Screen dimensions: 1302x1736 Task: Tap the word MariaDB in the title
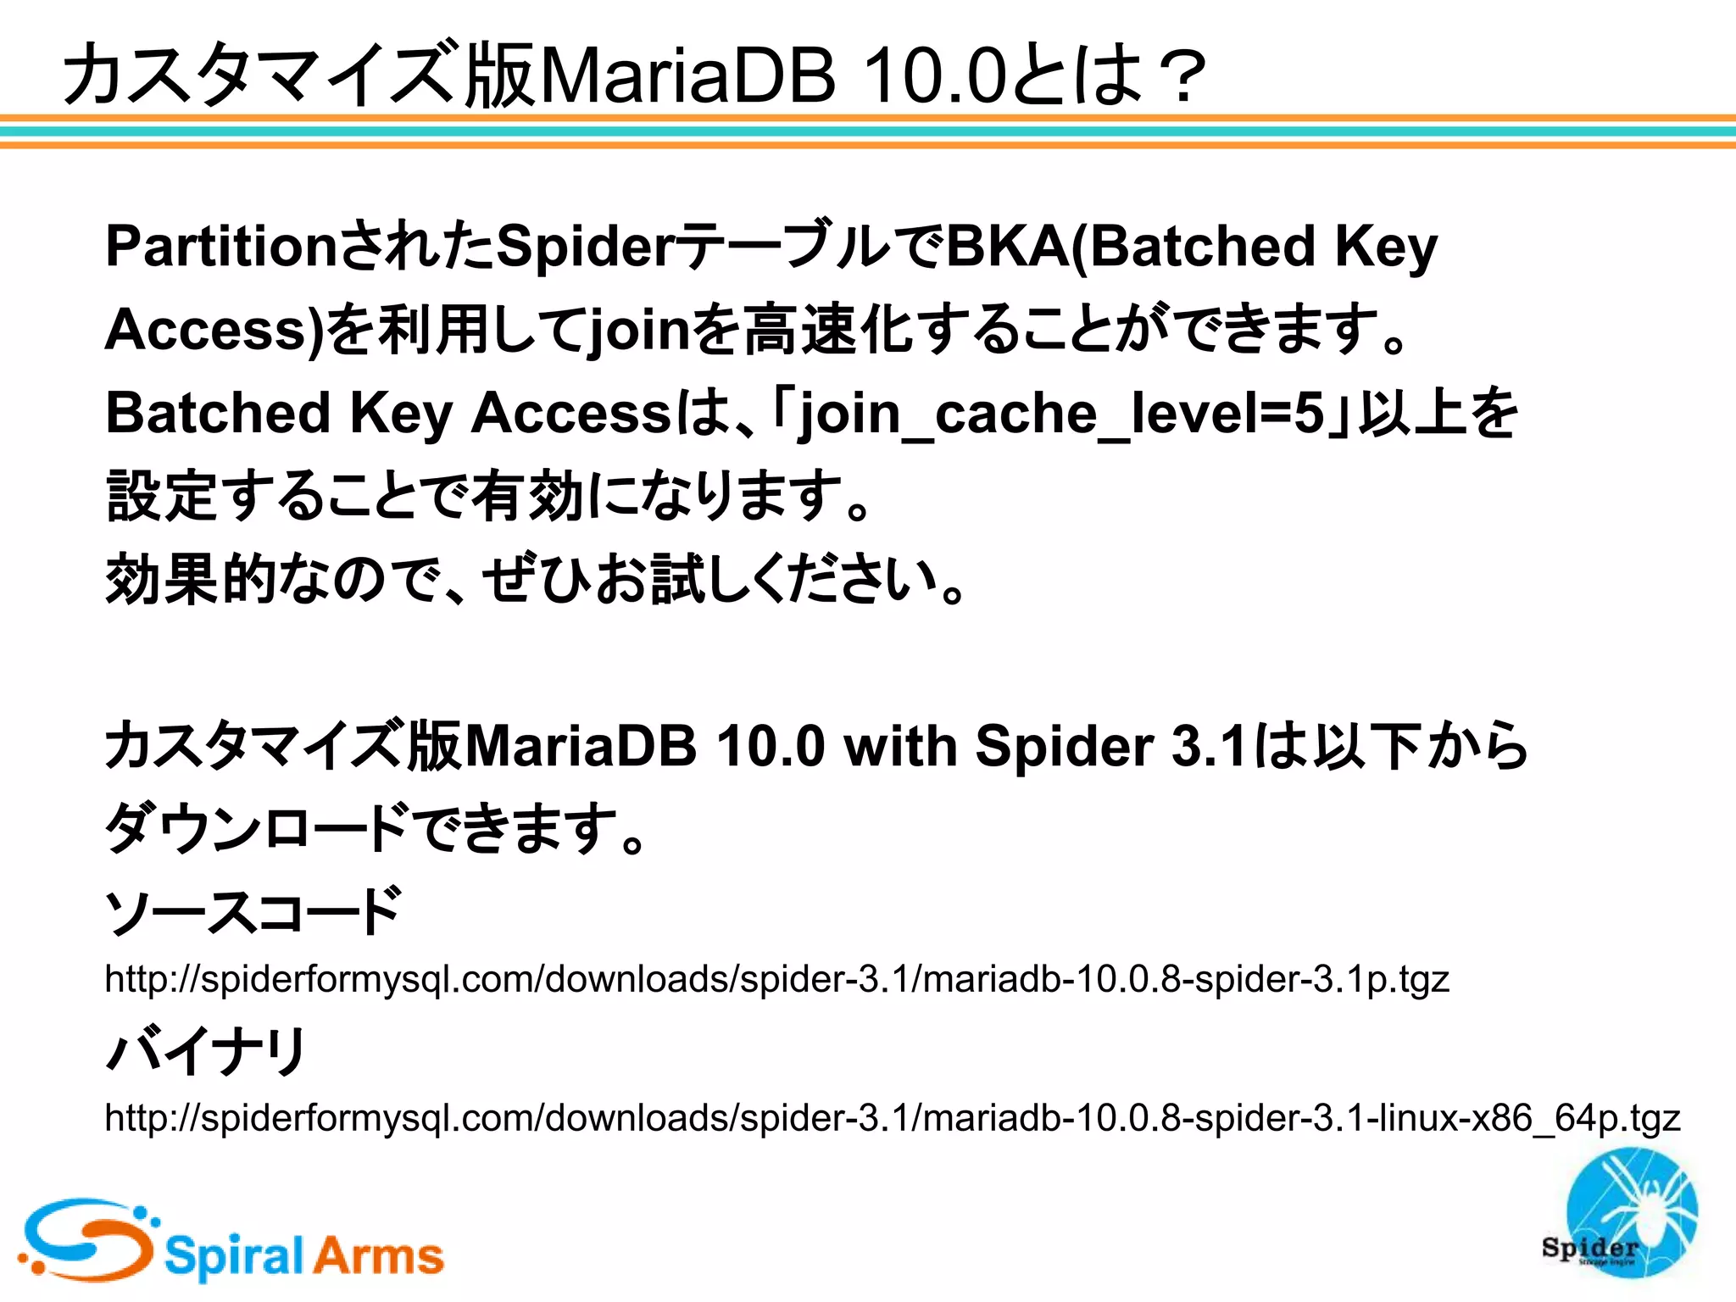point(687,77)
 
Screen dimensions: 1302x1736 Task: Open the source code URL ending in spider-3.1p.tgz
point(776,980)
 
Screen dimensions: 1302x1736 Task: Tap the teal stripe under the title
point(868,131)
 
